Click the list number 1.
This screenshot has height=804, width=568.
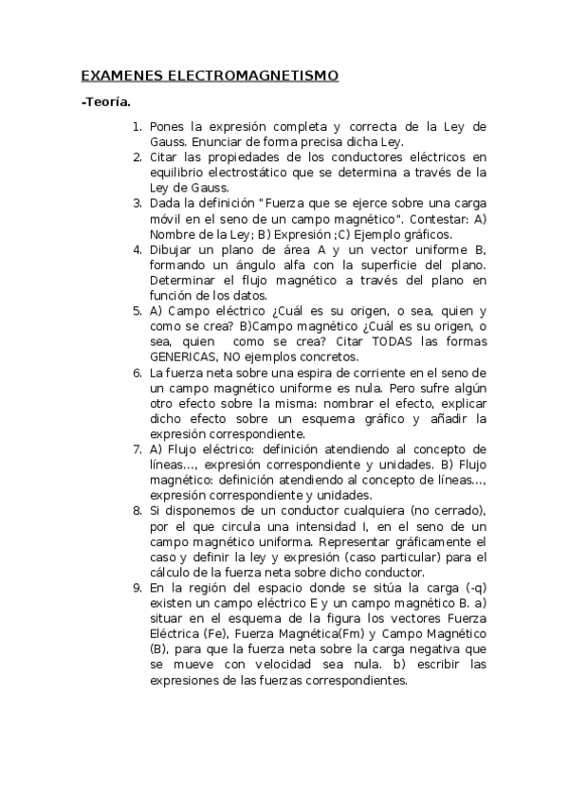pyautogui.click(x=137, y=126)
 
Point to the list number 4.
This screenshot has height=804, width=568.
pyautogui.click(x=137, y=249)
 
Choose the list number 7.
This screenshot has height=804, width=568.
pyautogui.click(x=137, y=448)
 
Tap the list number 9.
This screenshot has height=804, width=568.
pyautogui.click(x=137, y=588)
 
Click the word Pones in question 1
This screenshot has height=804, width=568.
pyautogui.click(x=168, y=126)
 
